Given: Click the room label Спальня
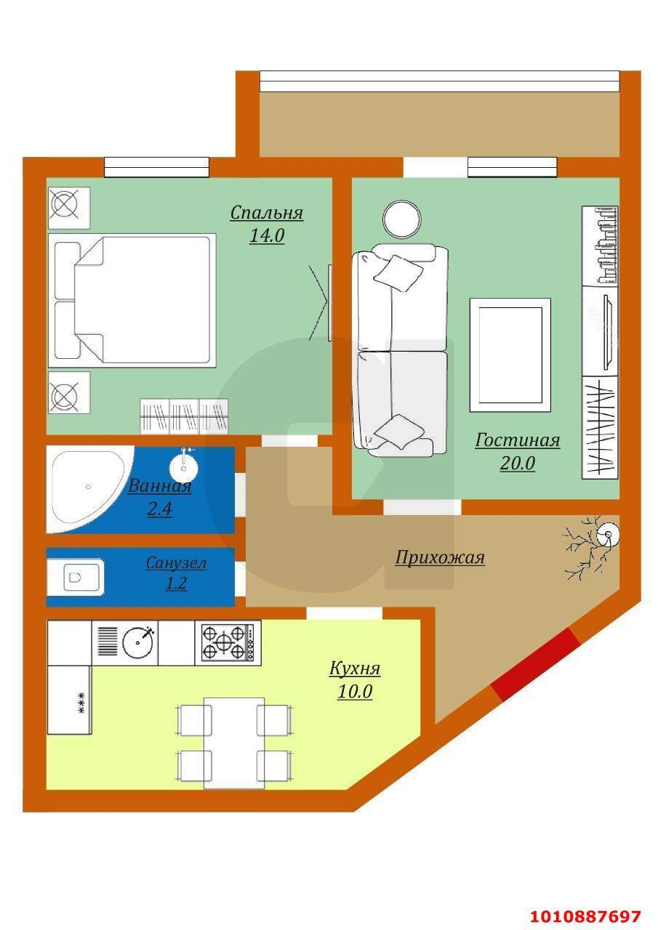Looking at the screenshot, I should pos(266,213).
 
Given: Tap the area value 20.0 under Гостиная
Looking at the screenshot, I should pos(517,464).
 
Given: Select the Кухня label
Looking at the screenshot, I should pos(355,668).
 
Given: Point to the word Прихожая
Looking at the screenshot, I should pos(440,558).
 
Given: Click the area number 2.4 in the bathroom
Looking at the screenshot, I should pos(159,509).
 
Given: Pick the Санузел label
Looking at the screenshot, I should pos(176,563).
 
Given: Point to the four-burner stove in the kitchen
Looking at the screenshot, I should pos(230,642).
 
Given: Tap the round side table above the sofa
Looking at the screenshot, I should pos(401,219).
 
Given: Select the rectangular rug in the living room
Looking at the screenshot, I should pos(509,354).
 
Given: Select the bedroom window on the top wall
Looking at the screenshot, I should pos(156,167).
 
